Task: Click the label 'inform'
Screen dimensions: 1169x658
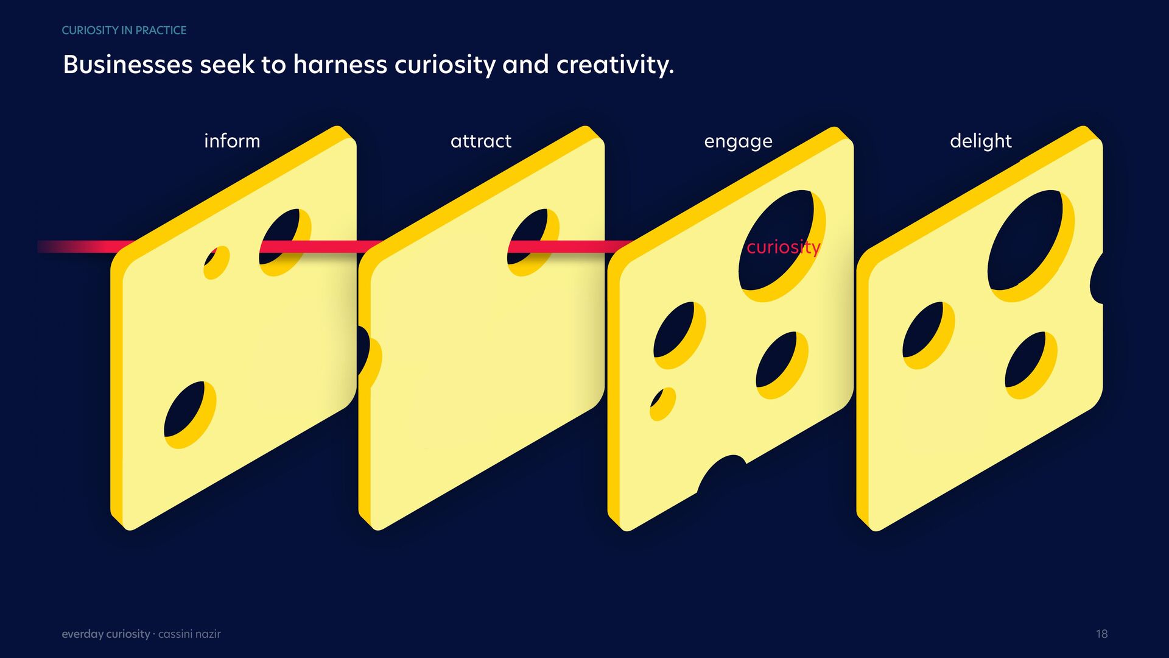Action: pos(232,141)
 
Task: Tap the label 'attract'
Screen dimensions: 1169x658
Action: pos(481,141)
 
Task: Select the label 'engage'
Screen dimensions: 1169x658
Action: pos(738,142)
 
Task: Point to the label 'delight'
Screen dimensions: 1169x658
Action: pos(980,141)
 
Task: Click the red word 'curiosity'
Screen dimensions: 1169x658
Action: pos(784,247)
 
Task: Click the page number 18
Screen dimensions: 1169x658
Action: pos(1101,634)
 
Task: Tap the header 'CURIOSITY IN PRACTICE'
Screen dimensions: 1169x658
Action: pos(124,30)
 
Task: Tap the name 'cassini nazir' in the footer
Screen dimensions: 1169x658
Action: pos(189,634)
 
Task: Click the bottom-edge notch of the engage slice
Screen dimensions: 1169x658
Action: pos(722,472)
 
